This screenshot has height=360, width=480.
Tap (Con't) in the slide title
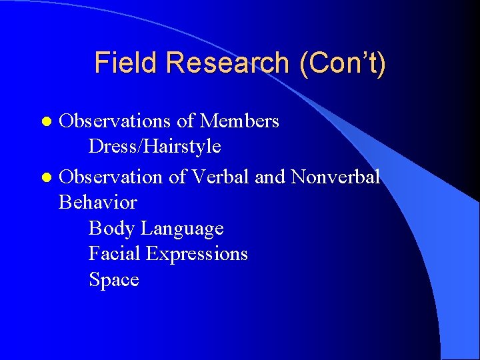tap(343, 63)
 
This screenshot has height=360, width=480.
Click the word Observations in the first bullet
tap(115, 121)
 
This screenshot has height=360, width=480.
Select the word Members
tap(239, 121)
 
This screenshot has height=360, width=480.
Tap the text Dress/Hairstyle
tap(155, 146)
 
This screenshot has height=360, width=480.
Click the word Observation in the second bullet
tap(111, 177)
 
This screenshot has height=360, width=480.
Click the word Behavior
tap(98, 202)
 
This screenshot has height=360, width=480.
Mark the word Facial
tap(115, 254)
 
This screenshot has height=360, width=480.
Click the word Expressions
tap(197, 254)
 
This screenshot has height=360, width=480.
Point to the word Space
tap(114, 279)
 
